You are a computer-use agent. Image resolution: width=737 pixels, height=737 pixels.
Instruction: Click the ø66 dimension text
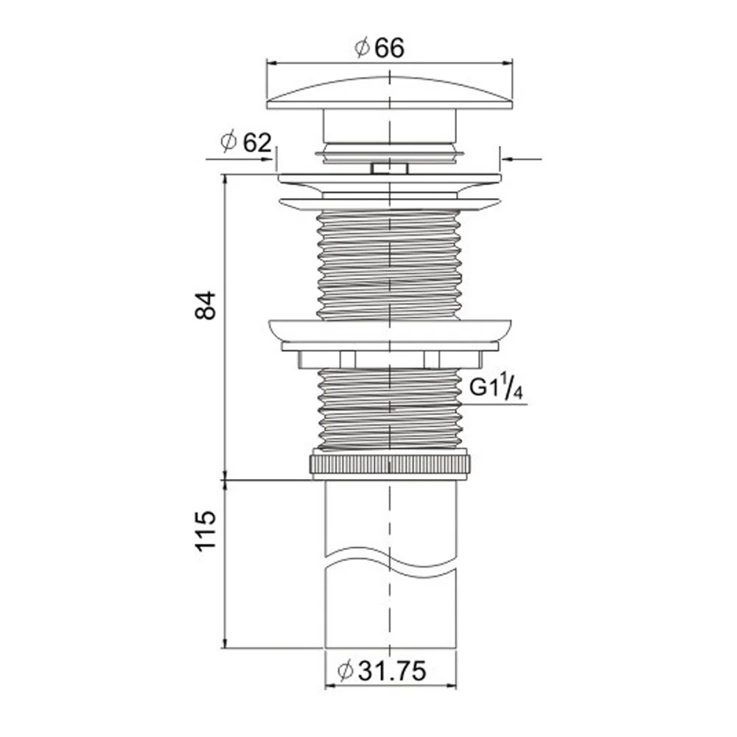tap(380, 49)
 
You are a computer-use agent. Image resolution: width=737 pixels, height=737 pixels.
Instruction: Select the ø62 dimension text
tap(246, 142)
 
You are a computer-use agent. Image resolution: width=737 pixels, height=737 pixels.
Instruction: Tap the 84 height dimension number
tap(206, 306)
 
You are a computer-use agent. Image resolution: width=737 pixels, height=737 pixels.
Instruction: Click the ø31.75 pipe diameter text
tap(382, 671)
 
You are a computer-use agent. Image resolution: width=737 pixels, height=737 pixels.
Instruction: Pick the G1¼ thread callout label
tap(496, 389)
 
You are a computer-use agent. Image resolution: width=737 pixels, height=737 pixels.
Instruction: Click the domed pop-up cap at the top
tap(390, 93)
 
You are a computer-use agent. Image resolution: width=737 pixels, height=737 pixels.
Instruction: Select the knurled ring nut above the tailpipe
tap(390, 464)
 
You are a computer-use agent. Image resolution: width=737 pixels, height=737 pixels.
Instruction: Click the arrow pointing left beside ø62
tap(522, 159)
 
